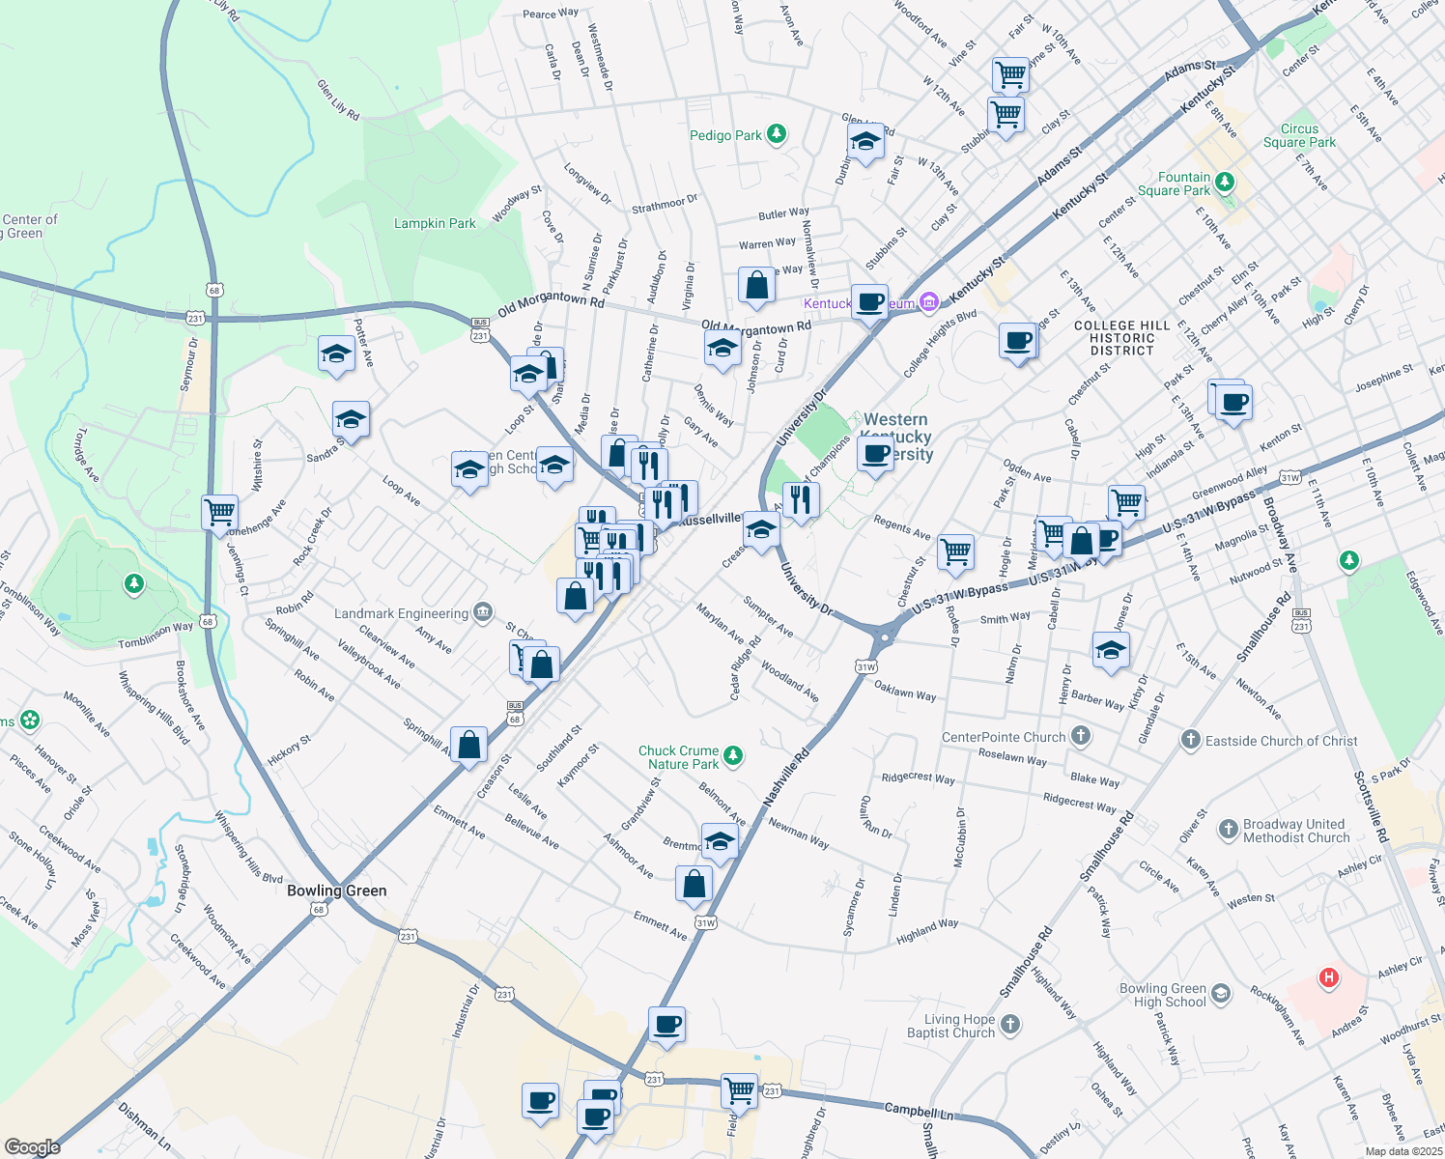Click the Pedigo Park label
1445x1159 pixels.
[x=725, y=135]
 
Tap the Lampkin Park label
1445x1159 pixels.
[x=435, y=223]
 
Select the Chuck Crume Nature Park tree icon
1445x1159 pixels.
[x=733, y=755]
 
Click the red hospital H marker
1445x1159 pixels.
[x=1329, y=977]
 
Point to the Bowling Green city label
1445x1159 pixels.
[x=336, y=890]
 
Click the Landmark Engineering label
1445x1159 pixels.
[x=401, y=613]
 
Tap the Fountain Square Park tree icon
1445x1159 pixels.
[x=1225, y=182]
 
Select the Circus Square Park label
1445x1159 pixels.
[x=1299, y=135]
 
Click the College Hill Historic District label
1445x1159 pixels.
[x=1121, y=338]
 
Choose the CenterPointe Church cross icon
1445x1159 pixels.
[x=1081, y=737]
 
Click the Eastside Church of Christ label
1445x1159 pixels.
[x=1281, y=741]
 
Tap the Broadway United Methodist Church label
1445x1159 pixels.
[x=1295, y=831]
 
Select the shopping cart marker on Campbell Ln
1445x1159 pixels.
[x=739, y=1089]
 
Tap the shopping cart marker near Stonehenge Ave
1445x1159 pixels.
[x=219, y=511]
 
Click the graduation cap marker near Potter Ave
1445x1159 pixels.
[x=335, y=353]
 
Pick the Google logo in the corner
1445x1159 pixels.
[x=32, y=1146]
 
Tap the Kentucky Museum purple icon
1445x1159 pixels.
[x=928, y=303]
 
